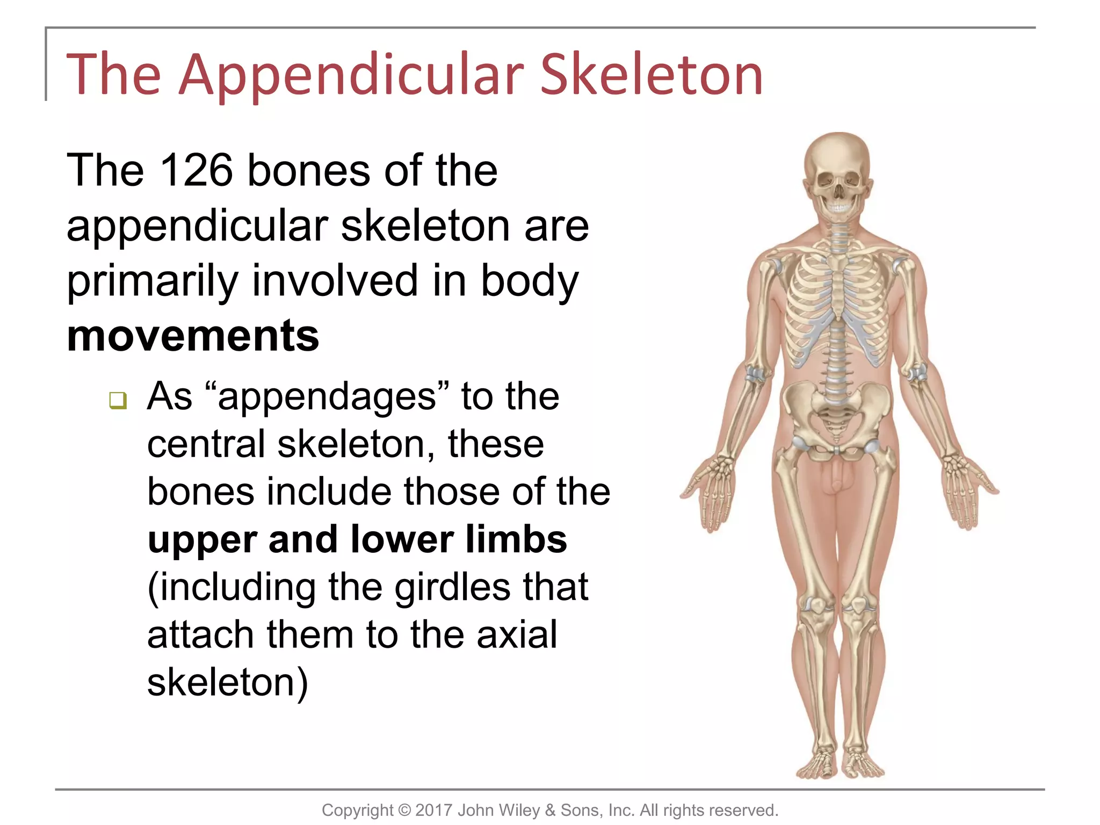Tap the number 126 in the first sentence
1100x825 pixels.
196,170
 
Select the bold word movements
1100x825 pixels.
193,336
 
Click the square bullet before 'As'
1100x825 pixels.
118,400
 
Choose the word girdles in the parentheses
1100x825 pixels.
452,587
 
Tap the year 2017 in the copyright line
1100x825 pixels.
433,810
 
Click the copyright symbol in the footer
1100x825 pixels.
404,810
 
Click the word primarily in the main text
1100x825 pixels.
152,281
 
